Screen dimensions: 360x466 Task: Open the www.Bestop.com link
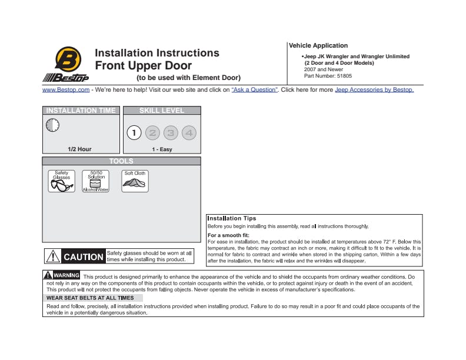click(66, 90)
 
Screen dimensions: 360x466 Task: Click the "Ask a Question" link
click(254, 90)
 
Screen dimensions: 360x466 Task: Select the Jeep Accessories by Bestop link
click(374, 90)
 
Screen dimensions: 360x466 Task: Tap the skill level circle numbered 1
click(134, 133)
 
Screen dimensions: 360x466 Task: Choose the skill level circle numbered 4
click(189, 133)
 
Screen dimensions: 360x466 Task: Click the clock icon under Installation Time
click(52, 125)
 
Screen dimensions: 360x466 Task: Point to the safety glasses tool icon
click(61, 181)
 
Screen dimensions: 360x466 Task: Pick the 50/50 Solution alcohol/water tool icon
click(96, 181)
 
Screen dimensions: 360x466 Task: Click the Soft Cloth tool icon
click(135, 181)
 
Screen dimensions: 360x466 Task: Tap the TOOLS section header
click(121, 161)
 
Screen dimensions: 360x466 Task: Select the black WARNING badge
click(62, 275)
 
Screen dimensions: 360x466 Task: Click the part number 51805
click(345, 76)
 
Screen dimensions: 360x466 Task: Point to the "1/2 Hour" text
click(79, 149)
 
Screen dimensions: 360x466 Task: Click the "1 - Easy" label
click(162, 149)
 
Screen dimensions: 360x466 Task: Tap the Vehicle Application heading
click(318, 45)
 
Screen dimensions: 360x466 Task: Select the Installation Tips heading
click(231, 219)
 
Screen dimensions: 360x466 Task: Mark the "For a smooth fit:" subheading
click(228, 235)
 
